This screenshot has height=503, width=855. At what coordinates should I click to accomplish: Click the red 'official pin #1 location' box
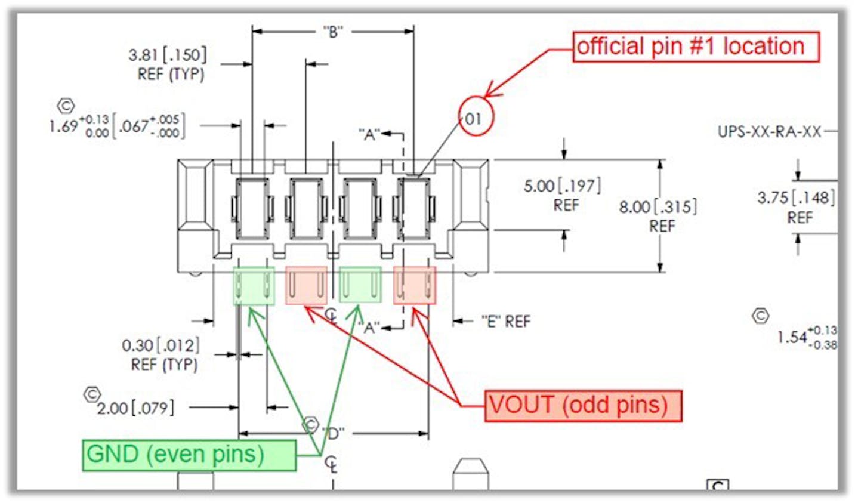coord(696,47)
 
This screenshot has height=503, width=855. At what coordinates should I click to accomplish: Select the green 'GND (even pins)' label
coord(189,455)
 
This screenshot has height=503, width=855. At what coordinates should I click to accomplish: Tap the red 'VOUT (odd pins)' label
coord(583,406)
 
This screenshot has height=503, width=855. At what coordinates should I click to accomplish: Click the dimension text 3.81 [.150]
coord(168,55)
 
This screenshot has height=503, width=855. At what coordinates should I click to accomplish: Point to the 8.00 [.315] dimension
coord(658,207)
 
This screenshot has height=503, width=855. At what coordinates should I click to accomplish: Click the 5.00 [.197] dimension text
coord(562,186)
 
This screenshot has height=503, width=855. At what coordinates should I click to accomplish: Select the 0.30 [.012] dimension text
coord(160,345)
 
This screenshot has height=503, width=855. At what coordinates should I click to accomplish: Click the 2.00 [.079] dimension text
coord(137,408)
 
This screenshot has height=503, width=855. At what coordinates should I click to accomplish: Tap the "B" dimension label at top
coord(333,32)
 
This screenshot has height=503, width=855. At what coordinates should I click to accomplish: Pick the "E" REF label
coord(506,322)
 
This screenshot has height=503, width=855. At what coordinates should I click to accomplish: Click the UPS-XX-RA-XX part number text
coord(769,131)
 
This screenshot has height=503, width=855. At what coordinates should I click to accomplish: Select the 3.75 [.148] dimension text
coord(796,198)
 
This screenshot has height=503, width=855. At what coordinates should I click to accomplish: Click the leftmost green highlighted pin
coord(254,286)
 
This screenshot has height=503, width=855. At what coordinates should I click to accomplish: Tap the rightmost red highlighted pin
coord(415,286)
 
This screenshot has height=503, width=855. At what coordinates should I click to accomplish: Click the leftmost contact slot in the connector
coord(253,208)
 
